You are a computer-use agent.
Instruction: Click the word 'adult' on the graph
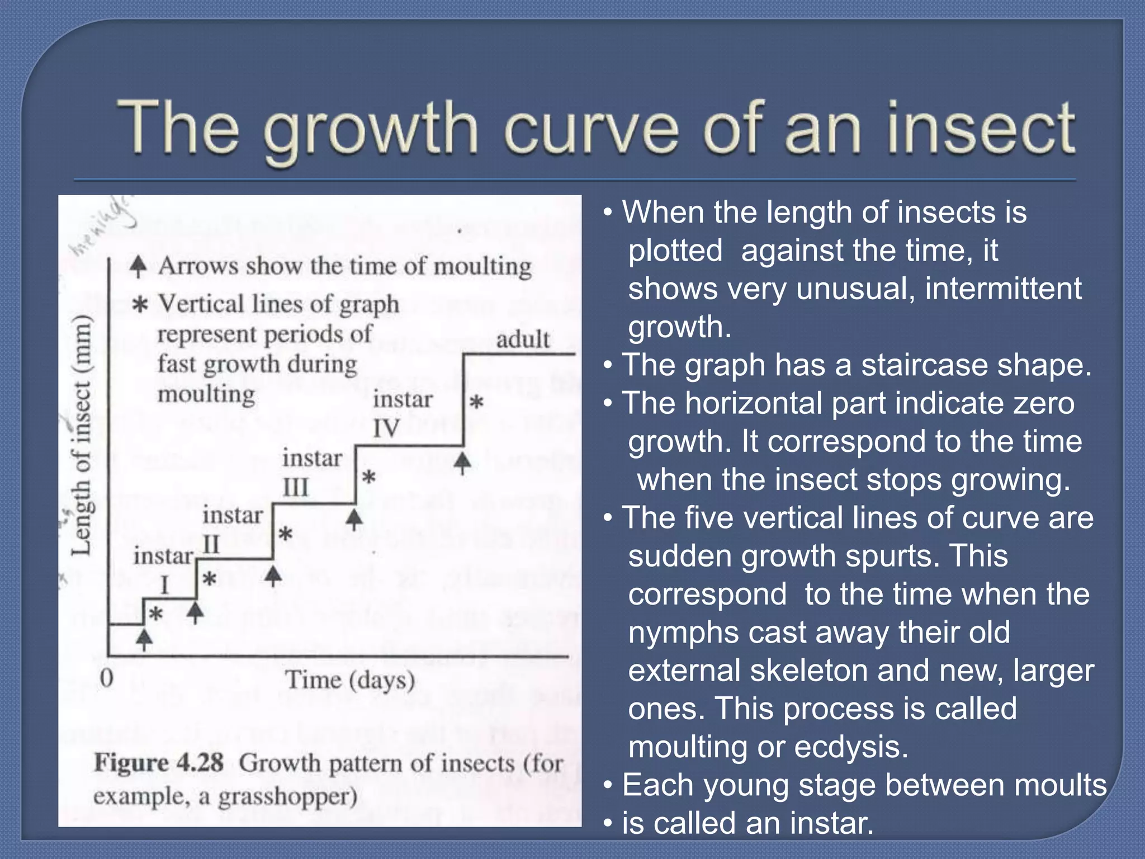coord(523,339)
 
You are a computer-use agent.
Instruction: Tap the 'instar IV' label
coord(402,414)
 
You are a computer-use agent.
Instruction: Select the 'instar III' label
coord(311,473)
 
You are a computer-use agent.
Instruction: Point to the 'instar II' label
coord(232,529)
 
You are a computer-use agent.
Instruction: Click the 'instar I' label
coord(163,569)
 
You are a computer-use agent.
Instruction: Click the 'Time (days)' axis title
coord(350,680)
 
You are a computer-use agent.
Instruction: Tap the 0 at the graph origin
coord(106,678)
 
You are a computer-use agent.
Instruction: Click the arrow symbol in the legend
coord(138,267)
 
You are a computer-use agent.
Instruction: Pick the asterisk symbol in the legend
coord(139,305)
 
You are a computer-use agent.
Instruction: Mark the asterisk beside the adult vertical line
coord(476,402)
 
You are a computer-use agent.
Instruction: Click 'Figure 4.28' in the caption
coord(159,763)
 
